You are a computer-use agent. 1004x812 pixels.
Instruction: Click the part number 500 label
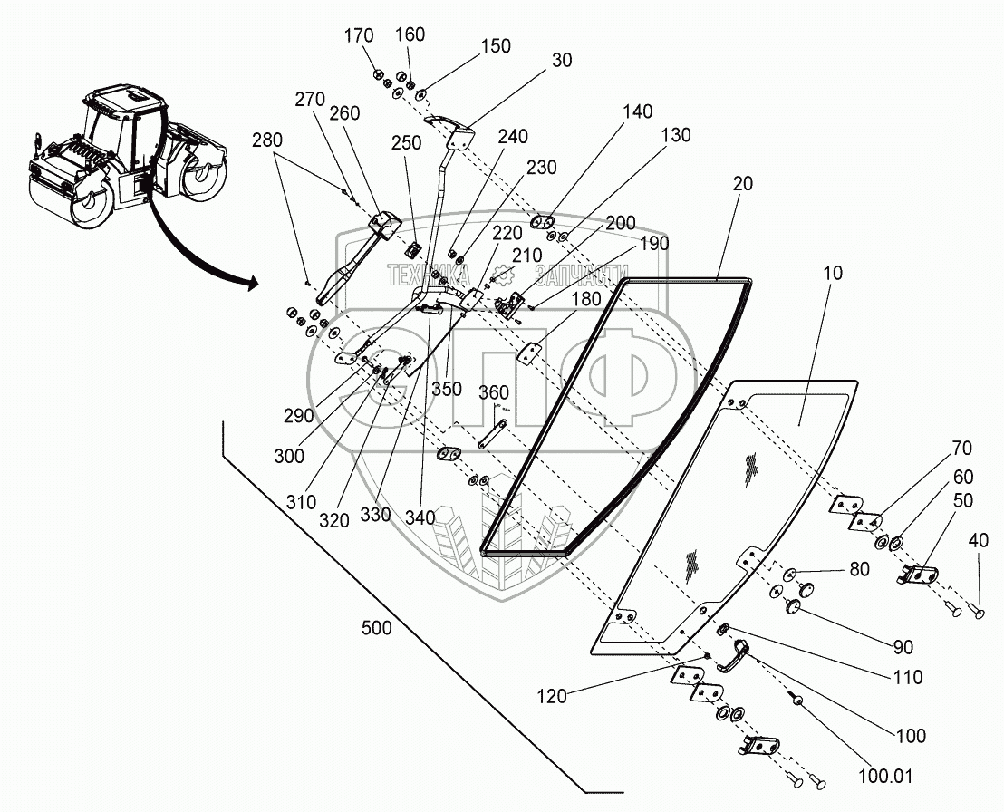click(377, 627)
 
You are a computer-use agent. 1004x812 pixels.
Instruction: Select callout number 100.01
click(885, 776)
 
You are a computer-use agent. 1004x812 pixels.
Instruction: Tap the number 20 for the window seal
click(742, 184)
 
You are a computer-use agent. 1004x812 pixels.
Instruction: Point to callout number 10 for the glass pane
click(833, 273)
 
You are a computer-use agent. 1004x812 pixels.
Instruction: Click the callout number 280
click(267, 140)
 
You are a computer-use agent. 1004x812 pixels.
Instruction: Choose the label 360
click(494, 392)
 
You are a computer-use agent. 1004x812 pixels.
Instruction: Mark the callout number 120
click(552, 696)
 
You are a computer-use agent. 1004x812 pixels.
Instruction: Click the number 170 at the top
click(359, 36)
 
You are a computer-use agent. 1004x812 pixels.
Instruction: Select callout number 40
click(978, 540)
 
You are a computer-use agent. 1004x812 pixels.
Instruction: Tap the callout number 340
click(420, 517)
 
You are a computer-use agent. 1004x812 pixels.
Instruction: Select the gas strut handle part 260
click(359, 259)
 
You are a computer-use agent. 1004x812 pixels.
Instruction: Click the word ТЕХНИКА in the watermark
click(428, 275)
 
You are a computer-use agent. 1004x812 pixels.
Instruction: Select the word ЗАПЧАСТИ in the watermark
click(582, 275)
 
